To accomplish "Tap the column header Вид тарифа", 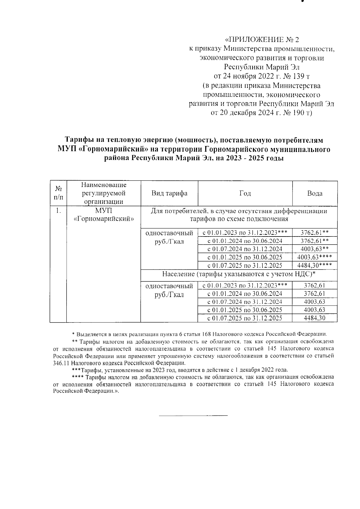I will coord(169,193).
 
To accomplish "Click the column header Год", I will coord(245,193).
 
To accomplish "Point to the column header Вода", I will coord(315,193).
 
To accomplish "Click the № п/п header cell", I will coord(58,193).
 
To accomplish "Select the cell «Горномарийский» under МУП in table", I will coord(103,219).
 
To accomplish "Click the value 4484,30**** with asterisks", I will coord(315,266).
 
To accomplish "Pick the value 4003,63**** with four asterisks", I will coord(315,257).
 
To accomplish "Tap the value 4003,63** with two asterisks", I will coord(315,249).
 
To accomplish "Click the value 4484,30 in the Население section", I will coord(314,318).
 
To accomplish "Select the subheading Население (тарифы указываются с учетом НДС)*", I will coord(239,274).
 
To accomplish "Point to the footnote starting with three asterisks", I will coord(180,370).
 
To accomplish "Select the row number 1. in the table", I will coord(58,211).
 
